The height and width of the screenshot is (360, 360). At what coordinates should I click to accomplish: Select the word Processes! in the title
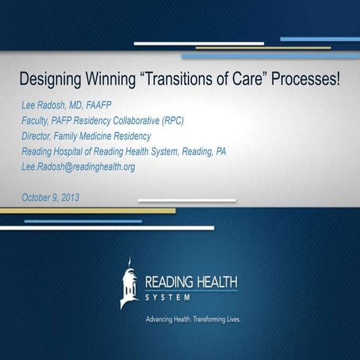[x=307, y=79]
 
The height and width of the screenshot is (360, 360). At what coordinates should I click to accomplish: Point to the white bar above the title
[x=199, y=43]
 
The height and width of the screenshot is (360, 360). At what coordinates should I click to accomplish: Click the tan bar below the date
[x=87, y=211]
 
